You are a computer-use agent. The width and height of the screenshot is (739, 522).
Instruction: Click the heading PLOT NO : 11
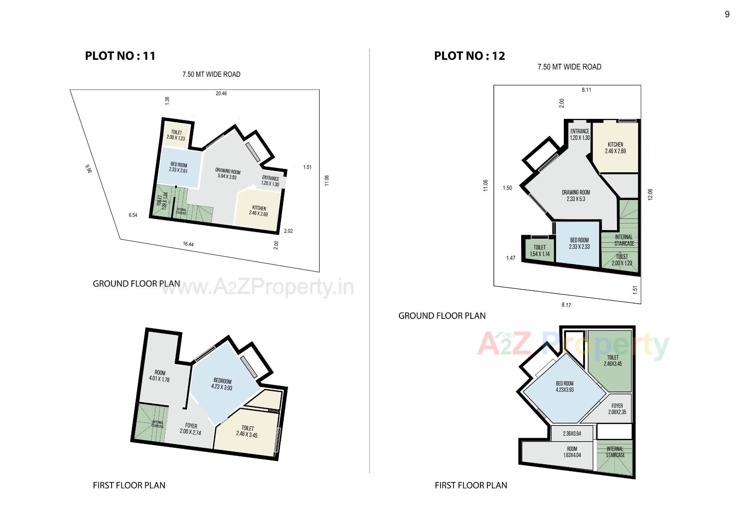[x=120, y=56]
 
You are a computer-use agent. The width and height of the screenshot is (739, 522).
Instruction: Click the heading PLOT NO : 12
[x=469, y=56]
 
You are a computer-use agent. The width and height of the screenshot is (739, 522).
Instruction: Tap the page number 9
[x=727, y=14]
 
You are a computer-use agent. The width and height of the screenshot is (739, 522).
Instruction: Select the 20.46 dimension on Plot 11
[x=221, y=93]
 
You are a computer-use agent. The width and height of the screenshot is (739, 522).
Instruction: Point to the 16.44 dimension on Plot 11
[x=188, y=244]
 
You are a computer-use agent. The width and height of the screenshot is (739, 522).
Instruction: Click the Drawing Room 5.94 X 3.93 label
[x=227, y=174]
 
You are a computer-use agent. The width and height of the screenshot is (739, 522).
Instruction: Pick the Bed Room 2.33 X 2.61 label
[x=179, y=168]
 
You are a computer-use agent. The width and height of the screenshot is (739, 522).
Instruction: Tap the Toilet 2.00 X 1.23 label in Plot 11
[x=176, y=135]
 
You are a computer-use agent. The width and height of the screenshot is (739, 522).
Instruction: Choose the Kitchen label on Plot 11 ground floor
[x=259, y=211]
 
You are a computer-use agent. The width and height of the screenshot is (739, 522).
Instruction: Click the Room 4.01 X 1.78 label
[x=159, y=376]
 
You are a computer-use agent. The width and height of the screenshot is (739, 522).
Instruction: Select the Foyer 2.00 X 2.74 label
[x=191, y=429]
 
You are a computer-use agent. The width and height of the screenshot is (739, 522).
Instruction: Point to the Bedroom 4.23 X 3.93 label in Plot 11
[x=222, y=384]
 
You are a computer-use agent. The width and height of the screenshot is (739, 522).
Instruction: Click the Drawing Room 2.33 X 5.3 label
[x=576, y=196]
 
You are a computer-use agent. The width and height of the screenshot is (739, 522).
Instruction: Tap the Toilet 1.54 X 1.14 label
[x=540, y=251]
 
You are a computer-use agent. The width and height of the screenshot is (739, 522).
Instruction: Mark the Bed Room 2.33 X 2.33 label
[x=579, y=243]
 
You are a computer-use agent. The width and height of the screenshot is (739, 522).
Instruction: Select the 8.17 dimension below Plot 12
[x=566, y=305]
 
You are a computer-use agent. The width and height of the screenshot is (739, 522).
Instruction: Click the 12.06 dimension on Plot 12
[x=650, y=194]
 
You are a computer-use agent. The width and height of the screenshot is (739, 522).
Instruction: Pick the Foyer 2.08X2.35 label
[x=617, y=409]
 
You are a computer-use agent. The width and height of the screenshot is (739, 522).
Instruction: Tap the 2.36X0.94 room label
[x=572, y=434]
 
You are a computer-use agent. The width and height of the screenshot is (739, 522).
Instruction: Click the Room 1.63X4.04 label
[x=572, y=452]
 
